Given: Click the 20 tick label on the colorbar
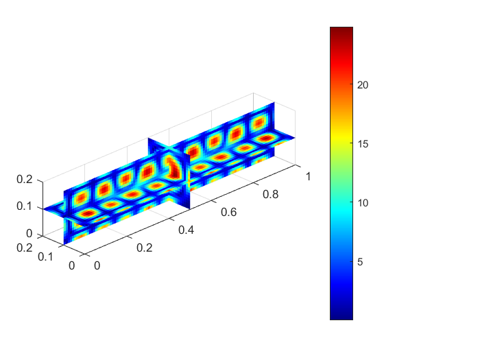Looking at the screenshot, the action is coord(363,85).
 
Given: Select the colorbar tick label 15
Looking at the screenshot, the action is coord(363,144).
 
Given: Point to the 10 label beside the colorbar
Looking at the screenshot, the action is coord(363,203).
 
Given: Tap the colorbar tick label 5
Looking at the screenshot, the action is coord(360,262).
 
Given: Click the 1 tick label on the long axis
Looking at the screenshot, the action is coord(309,177).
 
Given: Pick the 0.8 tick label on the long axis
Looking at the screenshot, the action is coord(271,194).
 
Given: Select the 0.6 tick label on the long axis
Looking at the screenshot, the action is coord(228,212).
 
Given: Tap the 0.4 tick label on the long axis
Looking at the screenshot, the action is coord(186,230).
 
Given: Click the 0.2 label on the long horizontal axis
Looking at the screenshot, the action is coord(145,248).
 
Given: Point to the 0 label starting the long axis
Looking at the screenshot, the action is coord(97,266).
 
